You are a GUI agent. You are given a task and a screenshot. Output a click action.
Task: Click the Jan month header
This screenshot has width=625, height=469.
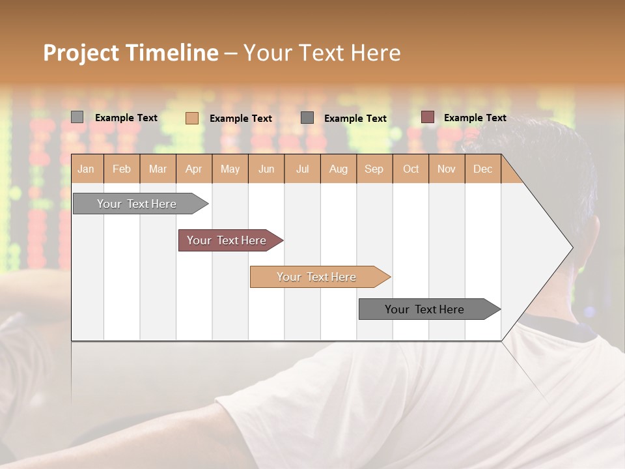pos(86,169)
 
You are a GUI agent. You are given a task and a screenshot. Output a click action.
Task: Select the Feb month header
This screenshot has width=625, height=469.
pos(122,169)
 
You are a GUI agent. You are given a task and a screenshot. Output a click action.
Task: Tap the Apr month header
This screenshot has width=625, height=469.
pos(193,169)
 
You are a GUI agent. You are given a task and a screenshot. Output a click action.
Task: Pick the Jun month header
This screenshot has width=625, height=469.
pos(266,169)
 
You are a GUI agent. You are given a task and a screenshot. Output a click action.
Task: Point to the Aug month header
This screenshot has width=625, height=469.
pos(338,169)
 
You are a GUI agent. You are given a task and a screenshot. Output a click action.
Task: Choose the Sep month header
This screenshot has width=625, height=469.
pos(374,169)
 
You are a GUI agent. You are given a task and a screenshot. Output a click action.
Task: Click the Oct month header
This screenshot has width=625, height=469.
pos(411,169)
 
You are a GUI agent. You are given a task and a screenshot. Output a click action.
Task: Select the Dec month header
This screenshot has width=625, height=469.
pos(482,169)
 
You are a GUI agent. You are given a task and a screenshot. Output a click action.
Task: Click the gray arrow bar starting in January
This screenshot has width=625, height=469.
pos(137,204)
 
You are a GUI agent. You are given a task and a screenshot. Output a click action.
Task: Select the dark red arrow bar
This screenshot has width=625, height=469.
pos(227,240)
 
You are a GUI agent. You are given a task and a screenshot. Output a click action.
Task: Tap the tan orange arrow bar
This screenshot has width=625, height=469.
pos(317,277)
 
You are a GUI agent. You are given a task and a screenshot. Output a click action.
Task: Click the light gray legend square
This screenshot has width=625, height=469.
pos(77,117)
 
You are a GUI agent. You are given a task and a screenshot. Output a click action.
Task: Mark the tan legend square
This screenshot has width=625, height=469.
pos(191,118)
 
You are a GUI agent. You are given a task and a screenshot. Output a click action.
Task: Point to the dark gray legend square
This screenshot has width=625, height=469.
pos(307,117)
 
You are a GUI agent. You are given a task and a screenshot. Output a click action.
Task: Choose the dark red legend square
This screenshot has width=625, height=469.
pos(427,117)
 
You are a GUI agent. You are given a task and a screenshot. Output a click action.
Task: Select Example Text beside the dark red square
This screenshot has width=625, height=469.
pos(475,118)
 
